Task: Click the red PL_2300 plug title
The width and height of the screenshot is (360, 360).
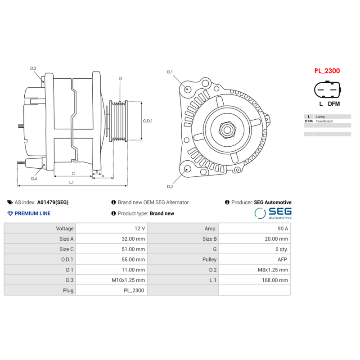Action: point(327,71)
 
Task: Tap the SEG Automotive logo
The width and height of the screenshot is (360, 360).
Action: point(273,213)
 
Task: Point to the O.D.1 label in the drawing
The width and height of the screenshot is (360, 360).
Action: point(148,121)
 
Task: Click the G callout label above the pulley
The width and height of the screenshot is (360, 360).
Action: point(120,79)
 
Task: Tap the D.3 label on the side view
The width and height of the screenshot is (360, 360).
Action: point(33,68)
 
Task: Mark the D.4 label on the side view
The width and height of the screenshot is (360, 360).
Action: point(34,179)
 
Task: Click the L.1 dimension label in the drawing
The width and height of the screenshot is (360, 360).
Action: point(72,182)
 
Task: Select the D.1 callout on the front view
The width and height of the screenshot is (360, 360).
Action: point(170,72)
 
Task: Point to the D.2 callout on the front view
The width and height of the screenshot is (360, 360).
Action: point(170,186)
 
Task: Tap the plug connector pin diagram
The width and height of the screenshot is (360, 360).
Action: point(327,90)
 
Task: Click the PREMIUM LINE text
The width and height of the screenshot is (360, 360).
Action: point(32,213)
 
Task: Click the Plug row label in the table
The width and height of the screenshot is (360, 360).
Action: point(68,291)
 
